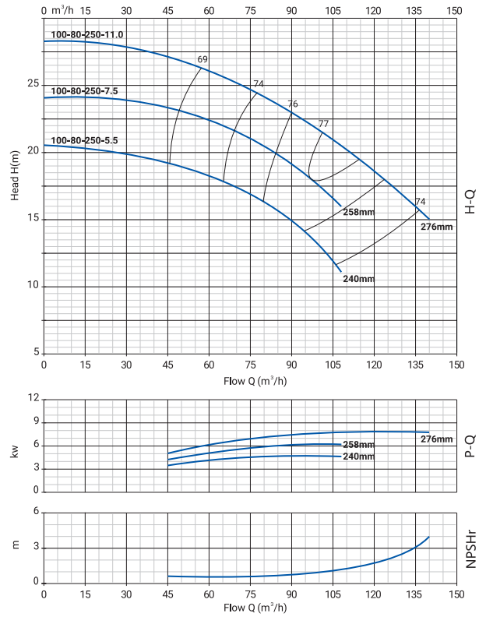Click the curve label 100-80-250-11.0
[x=87, y=35]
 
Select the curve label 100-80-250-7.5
[x=84, y=91]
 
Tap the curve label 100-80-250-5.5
[x=84, y=140]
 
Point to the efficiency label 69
[x=202, y=60]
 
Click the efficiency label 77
[x=324, y=124]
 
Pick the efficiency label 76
[x=293, y=104]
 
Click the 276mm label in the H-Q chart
[x=436, y=227]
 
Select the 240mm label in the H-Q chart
[x=358, y=279]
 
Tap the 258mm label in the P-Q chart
[x=358, y=445]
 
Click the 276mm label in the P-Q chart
[x=436, y=439]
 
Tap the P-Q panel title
[x=470, y=443]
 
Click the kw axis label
[x=15, y=450]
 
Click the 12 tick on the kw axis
[x=33, y=398]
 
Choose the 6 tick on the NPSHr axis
[x=36, y=512]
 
